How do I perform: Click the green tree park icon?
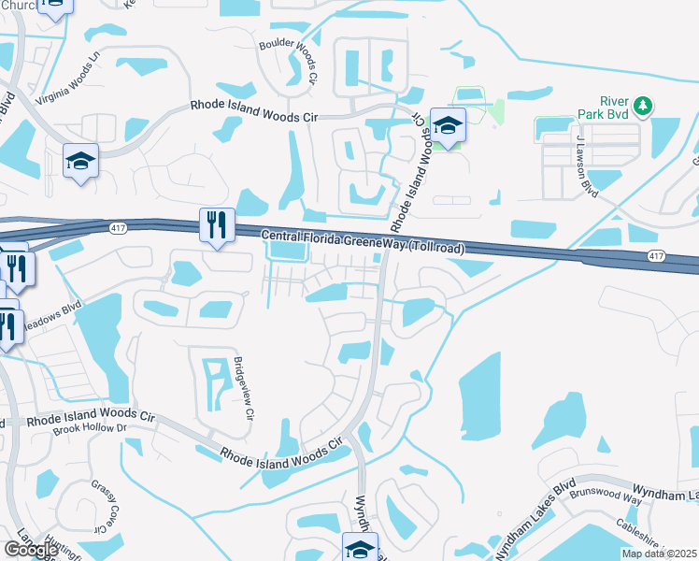click(x=643, y=106)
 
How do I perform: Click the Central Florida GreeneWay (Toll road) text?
click(x=364, y=242)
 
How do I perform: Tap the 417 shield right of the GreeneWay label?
click(x=655, y=255)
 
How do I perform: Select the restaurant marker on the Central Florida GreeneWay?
click(x=217, y=224)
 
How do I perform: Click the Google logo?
click(x=30, y=549)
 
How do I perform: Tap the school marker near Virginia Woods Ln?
click(x=81, y=160)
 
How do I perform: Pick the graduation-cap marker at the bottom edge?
click(x=360, y=548)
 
